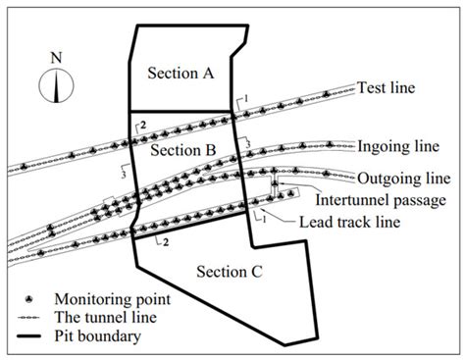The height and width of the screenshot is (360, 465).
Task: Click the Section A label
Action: (x=181, y=73)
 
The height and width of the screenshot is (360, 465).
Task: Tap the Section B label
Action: (x=181, y=150)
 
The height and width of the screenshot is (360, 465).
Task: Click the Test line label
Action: (x=387, y=87)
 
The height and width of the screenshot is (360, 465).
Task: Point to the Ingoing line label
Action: (x=398, y=143)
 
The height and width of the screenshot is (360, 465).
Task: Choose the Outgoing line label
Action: (x=402, y=179)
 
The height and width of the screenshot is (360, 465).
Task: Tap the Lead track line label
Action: (x=346, y=220)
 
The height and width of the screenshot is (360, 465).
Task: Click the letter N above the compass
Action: (x=56, y=56)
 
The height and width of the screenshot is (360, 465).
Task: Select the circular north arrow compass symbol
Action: (x=56, y=84)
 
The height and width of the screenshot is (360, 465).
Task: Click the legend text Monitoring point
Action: (x=116, y=298)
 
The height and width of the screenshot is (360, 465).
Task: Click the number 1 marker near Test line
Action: (x=248, y=95)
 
